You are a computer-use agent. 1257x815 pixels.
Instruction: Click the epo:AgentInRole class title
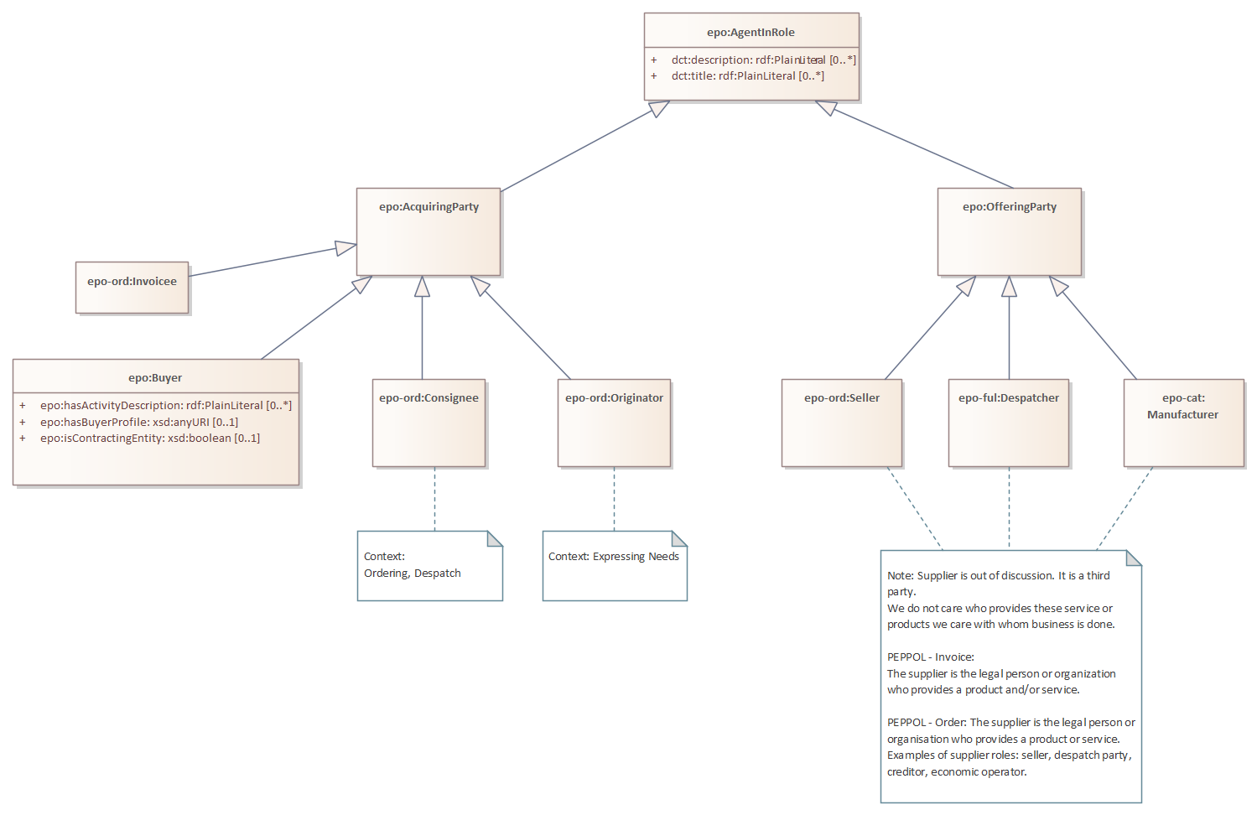[751, 33]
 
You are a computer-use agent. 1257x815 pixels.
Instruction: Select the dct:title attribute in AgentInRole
[747, 76]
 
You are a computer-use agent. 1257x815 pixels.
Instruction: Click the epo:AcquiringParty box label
[429, 207]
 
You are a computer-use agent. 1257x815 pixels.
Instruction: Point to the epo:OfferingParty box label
[1009, 207]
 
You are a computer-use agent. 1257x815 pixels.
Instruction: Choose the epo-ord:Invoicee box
[132, 282]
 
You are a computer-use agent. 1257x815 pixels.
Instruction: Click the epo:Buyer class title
[155, 378]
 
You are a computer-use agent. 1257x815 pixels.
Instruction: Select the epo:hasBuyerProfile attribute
[138, 423]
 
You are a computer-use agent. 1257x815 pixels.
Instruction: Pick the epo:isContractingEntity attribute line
[149, 439]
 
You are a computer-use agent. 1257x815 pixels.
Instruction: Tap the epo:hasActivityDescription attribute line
[165, 406]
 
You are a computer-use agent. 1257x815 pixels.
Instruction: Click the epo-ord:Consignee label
[429, 398]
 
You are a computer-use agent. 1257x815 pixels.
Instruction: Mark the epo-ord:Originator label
[614, 398]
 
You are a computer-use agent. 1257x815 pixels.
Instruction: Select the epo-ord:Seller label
[841, 398]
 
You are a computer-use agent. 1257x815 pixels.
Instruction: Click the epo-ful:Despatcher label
[1008, 398]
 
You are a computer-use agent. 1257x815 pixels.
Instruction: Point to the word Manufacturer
[1182, 415]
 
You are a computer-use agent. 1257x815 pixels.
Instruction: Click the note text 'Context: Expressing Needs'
[613, 557]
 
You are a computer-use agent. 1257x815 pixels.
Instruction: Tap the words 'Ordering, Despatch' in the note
[412, 574]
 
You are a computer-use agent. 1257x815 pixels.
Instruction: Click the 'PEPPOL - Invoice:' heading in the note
[930, 657]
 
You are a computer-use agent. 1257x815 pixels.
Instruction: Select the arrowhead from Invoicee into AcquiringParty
[345, 247]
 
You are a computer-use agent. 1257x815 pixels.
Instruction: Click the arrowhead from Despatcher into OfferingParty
[1009, 288]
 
